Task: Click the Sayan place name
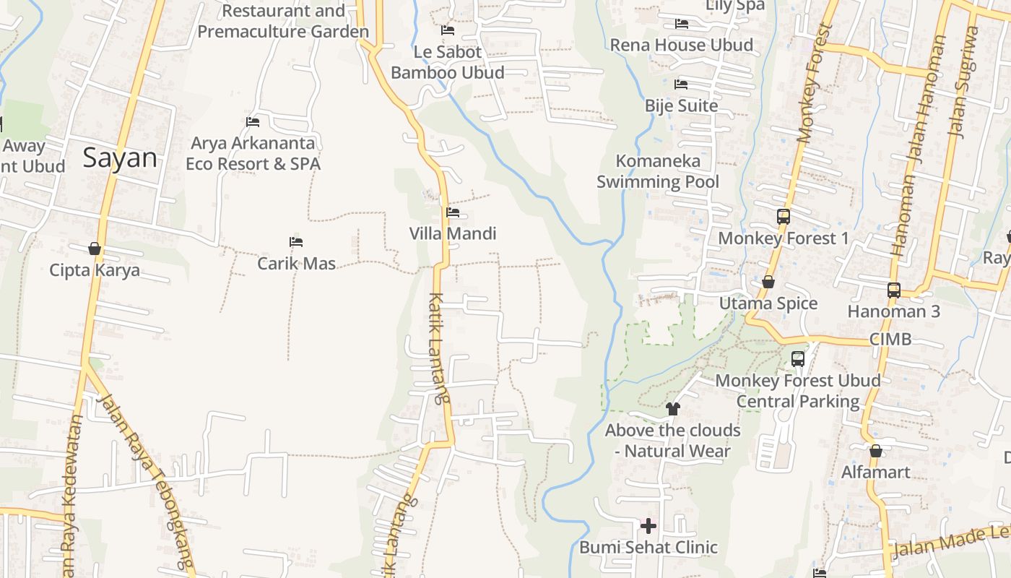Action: coord(119,158)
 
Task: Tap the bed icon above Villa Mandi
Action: coord(453,212)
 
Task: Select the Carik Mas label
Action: coord(296,263)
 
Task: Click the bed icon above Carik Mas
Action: coord(295,241)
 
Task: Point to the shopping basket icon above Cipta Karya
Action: coord(95,249)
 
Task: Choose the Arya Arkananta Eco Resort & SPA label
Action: coord(253,153)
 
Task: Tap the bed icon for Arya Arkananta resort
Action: coord(252,121)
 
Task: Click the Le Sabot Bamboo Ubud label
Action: coord(448,62)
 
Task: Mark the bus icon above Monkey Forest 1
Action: coord(783,216)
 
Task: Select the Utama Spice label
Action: coord(768,303)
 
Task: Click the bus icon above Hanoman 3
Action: coord(893,290)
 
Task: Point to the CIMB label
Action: coord(890,339)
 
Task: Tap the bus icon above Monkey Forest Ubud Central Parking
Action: coord(797,358)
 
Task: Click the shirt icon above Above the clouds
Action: coord(673,409)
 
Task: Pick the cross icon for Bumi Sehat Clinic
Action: coord(648,525)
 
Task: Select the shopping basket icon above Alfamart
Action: coord(875,451)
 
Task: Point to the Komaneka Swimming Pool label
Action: coord(658,171)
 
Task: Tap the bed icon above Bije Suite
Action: coord(680,85)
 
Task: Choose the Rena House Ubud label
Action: coord(681,45)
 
